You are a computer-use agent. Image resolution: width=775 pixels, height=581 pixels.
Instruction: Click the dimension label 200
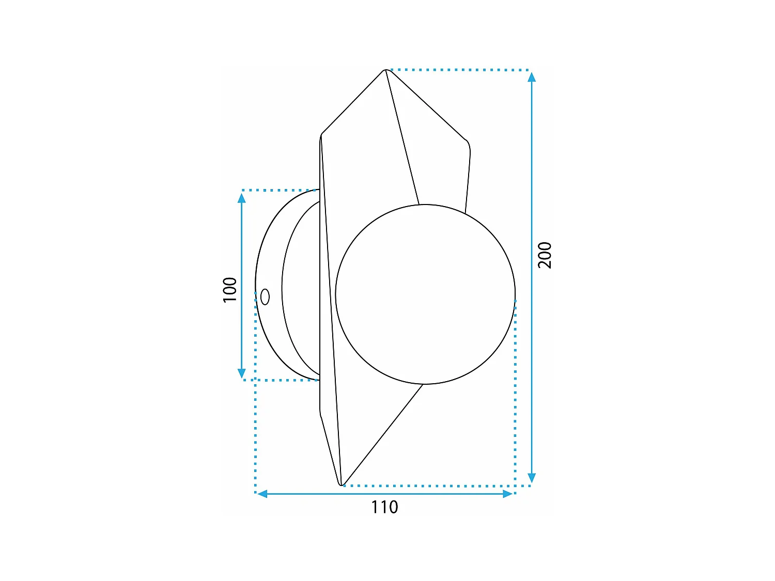[x=545, y=255]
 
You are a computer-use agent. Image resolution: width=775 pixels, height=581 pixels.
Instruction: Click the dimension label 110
[x=384, y=507]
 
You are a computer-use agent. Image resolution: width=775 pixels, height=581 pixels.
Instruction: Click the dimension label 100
[x=229, y=290]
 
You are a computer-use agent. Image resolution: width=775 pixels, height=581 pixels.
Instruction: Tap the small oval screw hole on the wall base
[x=265, y=297]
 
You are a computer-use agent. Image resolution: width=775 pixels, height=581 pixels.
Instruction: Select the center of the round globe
[x=425, y=294]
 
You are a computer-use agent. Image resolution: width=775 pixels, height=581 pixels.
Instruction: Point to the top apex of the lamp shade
[x=385, y=70]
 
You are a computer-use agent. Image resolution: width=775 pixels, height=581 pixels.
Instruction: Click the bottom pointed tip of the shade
[x=341, y=484]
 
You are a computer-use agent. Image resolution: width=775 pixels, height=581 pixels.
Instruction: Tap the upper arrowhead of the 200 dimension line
[x=532, y=77]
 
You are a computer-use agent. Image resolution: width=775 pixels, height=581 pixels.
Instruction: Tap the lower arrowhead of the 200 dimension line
[x=532, y=478]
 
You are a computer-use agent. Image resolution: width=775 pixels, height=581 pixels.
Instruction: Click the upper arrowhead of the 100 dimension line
[x=241, y=198]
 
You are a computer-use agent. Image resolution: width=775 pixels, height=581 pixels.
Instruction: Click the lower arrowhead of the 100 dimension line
[x=241, y=373]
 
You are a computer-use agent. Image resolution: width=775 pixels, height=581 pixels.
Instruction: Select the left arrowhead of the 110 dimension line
[x=262, y=494]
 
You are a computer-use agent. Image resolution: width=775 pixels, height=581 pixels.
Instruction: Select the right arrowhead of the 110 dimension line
[x=507, y=494]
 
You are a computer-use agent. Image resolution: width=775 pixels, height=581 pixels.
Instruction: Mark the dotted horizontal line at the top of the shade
[x=460, y=69]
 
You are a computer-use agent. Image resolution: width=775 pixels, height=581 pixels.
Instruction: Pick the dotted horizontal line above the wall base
[x=279, y=190]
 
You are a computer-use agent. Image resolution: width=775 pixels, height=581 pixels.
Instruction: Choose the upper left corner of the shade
[x=321, y=136]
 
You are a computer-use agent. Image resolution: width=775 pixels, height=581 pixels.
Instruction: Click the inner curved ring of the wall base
[x=283, y=289]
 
